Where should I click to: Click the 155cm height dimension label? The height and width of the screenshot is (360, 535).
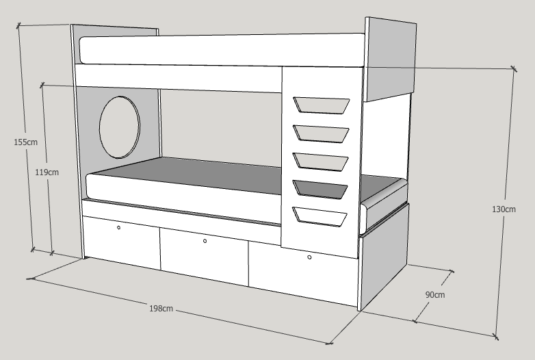(25, 142)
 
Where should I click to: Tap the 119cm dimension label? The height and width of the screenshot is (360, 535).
(47, 172)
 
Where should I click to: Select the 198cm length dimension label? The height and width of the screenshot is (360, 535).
(161, 309)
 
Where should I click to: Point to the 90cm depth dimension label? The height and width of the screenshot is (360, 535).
(435, 294)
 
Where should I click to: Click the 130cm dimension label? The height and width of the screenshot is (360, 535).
(504, 209)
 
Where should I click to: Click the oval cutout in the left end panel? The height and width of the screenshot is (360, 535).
(120, 127)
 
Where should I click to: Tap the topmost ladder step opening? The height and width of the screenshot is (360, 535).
(321, 105)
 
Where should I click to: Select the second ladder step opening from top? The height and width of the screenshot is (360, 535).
(321, 133)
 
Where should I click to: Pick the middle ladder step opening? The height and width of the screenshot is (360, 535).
(320, 161)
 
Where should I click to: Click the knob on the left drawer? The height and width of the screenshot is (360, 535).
(119, 228)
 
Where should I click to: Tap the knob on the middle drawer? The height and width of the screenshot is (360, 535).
(205, 241)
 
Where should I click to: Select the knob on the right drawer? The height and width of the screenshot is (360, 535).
(309, 257)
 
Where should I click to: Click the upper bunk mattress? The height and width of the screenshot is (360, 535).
(222, 49)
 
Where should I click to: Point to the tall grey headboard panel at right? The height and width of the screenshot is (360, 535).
(391, 60)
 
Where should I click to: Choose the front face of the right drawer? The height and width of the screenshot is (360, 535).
(303, 274)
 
